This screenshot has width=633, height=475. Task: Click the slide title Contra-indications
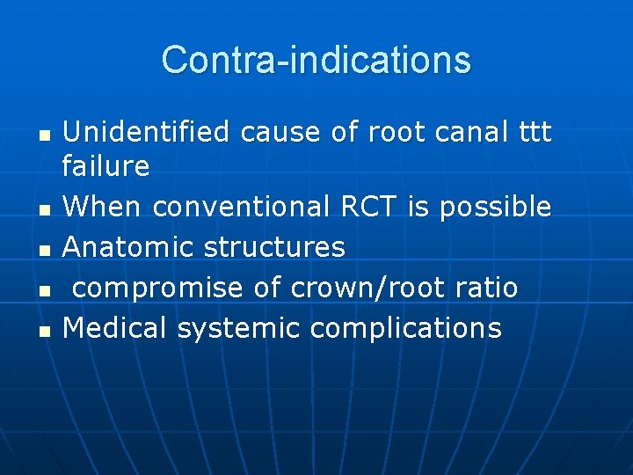pos(316,60)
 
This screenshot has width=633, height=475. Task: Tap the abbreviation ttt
pos(534,132)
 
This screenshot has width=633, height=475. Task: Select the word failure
pos(106,165)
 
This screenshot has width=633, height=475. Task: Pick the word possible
pos(495,207)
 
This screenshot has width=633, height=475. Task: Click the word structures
pos(274,247)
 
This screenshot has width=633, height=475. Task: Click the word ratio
pos(486,288)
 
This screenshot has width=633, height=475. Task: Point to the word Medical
pos(115,328)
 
